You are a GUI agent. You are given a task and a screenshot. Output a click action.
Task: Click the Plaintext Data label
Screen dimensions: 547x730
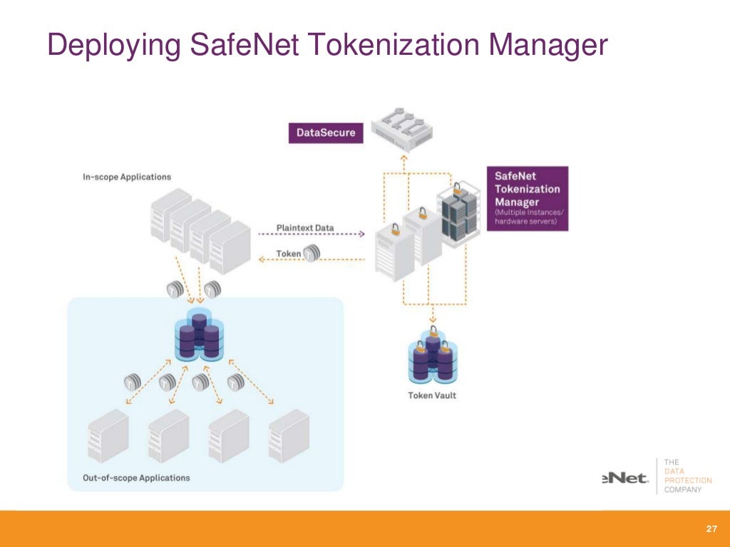(x=304, y=228)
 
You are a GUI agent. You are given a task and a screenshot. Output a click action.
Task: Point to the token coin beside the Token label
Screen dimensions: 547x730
(x=312, y=253)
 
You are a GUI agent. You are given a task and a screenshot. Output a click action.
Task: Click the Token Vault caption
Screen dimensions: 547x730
(x=431, y=395)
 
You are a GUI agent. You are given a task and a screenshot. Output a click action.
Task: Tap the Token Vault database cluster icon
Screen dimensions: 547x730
(x=432, y=356)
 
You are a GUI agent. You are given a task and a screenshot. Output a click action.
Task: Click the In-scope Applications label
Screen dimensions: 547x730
(x=125, y=177)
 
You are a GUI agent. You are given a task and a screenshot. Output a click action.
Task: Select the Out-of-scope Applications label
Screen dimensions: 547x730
(x=136, y=477)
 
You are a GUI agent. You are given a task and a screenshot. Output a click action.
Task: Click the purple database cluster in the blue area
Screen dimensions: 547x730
(x=198, y=336)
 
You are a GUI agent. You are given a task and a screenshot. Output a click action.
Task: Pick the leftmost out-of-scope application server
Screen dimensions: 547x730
(x=108, y=437)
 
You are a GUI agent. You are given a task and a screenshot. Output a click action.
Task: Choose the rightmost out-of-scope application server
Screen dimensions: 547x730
(x=289, y=437)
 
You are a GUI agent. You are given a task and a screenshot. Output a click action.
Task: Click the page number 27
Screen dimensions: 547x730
(x=710, y=529)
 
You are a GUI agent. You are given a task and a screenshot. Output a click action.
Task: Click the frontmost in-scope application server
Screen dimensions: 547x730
(x=230, y=247)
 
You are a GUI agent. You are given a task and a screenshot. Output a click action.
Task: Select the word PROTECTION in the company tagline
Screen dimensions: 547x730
(x=687, y=480)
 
